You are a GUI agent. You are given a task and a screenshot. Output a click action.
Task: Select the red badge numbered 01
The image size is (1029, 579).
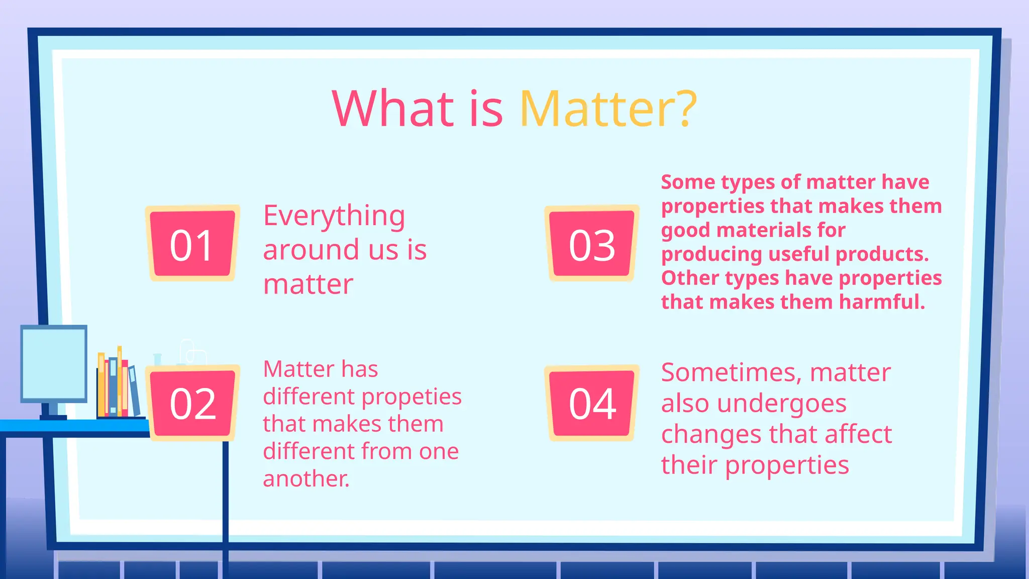192,244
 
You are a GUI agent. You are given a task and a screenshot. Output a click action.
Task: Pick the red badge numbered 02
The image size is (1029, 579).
192,403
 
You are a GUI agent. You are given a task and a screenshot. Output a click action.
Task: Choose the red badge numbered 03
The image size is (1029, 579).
592,244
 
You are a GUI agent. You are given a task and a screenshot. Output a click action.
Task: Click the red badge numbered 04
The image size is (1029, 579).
592,403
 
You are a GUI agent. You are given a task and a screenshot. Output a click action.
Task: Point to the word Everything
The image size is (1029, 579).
334,216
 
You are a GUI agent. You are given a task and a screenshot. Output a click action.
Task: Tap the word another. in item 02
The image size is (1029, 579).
305,478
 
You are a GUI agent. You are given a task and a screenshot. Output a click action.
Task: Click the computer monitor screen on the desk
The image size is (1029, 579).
54,363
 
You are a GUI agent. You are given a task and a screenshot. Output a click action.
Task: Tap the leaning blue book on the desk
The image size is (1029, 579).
134,391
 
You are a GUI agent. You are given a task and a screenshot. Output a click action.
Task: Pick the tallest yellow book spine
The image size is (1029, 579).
120,382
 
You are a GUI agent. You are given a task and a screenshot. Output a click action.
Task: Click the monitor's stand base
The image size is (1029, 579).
53,417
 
